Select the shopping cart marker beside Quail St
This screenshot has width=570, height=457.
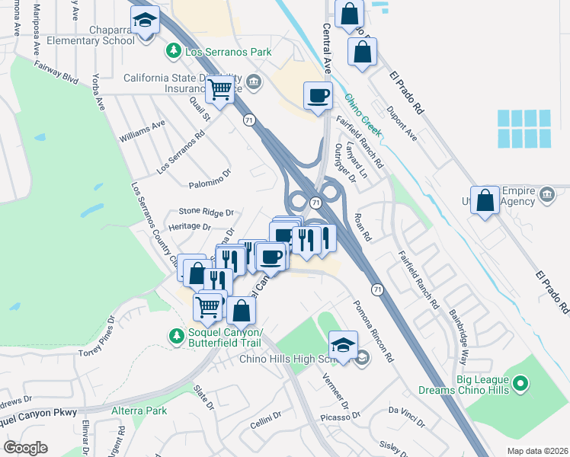click(x=220, y=89)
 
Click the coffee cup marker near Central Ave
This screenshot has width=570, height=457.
click(x=318, y=96)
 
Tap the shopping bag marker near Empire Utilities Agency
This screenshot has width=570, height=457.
click(x=485, y=201)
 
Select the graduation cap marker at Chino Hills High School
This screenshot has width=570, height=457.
click(x=343, y=344)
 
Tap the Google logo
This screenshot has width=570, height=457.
click(x=25, y=448)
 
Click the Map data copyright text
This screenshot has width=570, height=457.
click(x=536, y=451)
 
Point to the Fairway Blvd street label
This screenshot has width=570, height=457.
click(x=56, y=72)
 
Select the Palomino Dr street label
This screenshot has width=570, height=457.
click(x=209, y=184)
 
